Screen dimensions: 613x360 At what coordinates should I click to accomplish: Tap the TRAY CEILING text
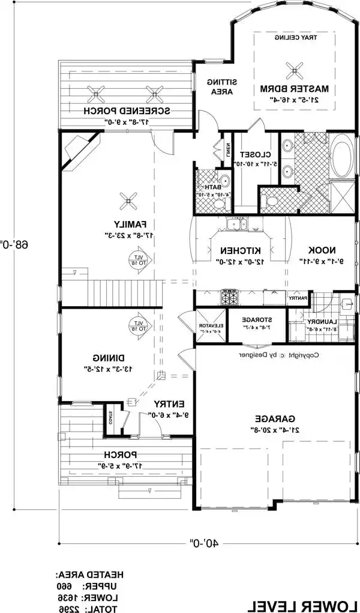295,37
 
